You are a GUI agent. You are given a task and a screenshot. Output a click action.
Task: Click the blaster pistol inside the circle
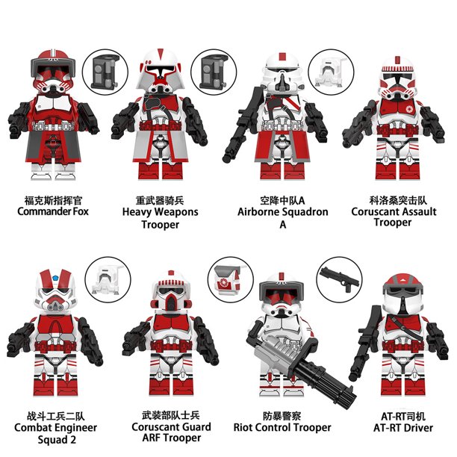point(339,278)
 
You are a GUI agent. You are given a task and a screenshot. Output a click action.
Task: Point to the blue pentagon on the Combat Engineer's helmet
point(56,276)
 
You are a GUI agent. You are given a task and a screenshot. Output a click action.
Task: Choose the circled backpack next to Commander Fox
point(105,72)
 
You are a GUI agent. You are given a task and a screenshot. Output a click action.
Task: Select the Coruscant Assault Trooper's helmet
point(397,77)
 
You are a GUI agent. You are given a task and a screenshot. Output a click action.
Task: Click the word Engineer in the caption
point(75,428)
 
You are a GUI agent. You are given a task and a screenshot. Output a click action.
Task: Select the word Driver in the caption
point(416,428)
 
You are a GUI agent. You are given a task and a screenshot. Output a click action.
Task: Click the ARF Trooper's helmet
point(171,290)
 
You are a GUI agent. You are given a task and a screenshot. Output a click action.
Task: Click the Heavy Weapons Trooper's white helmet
point(160,71)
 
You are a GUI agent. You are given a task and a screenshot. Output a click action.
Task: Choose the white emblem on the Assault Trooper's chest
point(409,109)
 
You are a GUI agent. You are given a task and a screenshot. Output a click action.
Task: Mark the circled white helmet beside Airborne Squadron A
point(330,72)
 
